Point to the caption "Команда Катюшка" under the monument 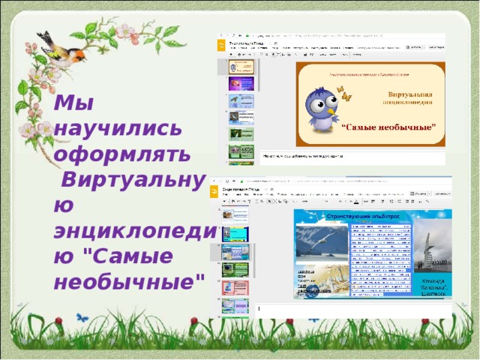pyautogui.click(x=434, y=289)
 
